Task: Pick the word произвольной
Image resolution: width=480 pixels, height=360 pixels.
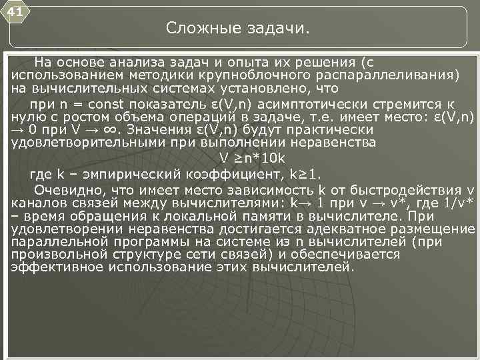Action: pyautogui.click(x=63, y=254)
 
